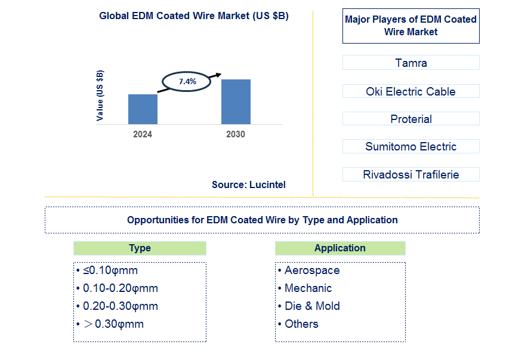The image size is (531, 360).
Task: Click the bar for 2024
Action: click(x=143, y=109)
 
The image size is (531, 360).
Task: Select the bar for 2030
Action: click(x=236, y=101)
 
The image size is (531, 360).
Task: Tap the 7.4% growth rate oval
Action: click(x=187, y=81)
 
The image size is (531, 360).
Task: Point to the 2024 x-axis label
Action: click(x=143, y=134)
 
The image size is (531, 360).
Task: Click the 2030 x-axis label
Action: click(x=236, y=134)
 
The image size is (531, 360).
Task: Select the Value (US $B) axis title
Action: click(x=100, y=96)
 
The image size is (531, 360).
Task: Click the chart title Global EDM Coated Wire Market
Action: click(x=194, y=16)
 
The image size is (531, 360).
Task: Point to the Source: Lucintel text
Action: click(x=249, y=185)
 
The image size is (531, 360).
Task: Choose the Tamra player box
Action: click(x=411, y=63)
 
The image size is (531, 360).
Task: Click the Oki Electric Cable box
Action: click(x=411, y=91)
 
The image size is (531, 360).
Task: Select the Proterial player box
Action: click(x=411, y=119)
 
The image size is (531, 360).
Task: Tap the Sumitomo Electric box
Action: click(x=411, y=146)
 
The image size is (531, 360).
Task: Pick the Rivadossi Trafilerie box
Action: click(x=411, y=174)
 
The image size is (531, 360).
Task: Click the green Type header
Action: click(x=140, y=248)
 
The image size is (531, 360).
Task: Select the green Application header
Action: click(x=340, y=248)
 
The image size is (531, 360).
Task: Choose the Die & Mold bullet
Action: click(x=312, y=306)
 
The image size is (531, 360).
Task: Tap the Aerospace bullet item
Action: click(x=312, y=270)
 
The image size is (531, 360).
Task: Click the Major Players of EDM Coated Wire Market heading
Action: click(x=411, y=26)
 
